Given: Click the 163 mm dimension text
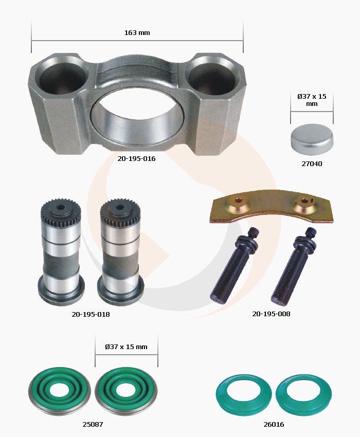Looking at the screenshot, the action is point(137,32).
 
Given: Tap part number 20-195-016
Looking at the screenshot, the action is point(136,158).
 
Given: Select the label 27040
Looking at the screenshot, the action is point(312,163).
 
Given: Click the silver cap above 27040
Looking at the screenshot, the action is point(312,139).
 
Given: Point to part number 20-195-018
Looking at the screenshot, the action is point(91,314).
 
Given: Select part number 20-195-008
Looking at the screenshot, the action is point(271,314).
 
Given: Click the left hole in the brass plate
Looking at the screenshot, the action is point(238,200).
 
